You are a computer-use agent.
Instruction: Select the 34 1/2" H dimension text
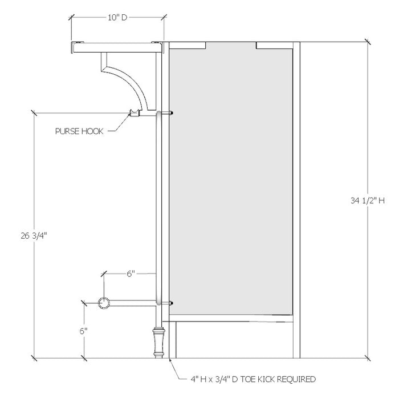click(x=369, y=200)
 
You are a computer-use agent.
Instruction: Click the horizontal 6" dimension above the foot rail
click(x=131, y=274)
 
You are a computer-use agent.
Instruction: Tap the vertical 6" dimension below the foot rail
click(x=84, y=331)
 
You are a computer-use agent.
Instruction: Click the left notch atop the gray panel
click(x=188, y=45)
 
